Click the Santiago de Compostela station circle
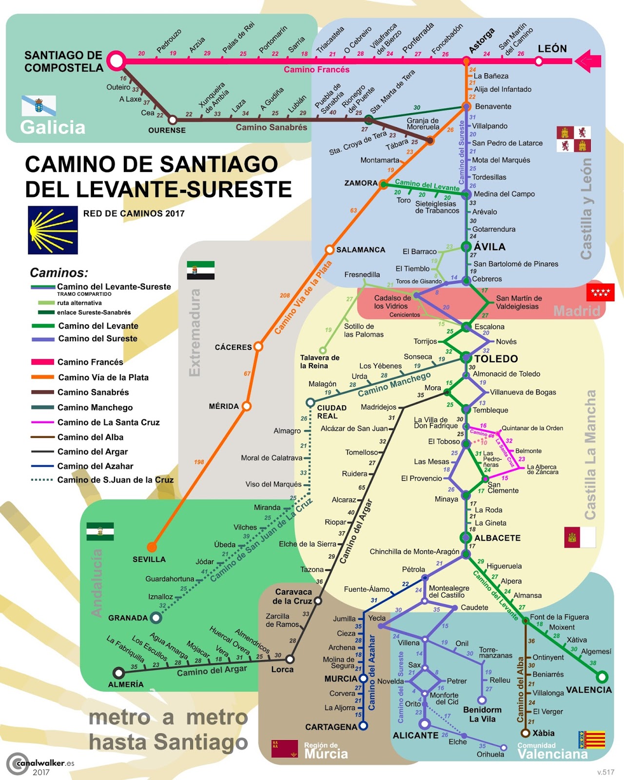117,61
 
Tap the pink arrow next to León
588,61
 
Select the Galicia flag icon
39,105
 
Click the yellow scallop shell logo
53,230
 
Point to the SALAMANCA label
361,250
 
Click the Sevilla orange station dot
152,547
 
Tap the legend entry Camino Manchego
95,407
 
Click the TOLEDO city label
496,359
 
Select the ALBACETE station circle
466,538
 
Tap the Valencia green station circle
602,677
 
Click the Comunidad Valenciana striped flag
591,740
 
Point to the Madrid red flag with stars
601,292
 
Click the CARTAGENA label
331,727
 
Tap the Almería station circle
118,673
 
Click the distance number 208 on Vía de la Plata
285,295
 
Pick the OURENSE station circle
172,119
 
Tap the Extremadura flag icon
200,270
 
